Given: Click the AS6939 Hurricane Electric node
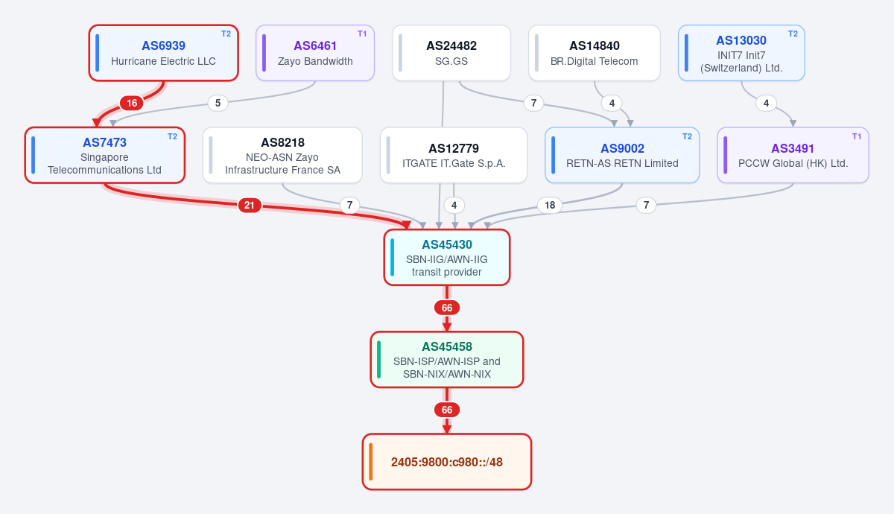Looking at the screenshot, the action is [164, 53].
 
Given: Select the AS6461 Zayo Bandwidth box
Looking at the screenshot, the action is [315, 53].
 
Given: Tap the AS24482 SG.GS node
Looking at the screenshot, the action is [451, 53].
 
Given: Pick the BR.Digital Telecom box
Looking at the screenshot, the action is [595, 53].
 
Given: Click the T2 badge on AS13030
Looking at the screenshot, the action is [793, 34].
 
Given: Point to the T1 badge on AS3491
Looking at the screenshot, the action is [857, 136].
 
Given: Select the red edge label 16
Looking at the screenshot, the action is [132, 104].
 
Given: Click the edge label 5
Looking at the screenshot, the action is [218, 104].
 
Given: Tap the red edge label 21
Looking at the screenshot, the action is [250, 206].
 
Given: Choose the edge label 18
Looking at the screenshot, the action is [550, 206].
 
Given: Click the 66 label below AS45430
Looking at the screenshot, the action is [447, 308].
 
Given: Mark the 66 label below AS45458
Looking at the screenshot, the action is [447, 410].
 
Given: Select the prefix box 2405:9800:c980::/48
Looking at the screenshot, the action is [447, 462].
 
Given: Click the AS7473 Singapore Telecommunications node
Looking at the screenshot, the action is [105, 155].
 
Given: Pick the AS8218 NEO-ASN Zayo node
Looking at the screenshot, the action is [282, 155].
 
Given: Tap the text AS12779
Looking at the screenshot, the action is [454, 148].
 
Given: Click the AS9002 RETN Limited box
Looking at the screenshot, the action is [622, 155].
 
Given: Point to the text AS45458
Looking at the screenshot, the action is [447, 346].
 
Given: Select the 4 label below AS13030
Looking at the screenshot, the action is [767, 104].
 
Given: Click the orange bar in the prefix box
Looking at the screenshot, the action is [371, 462].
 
